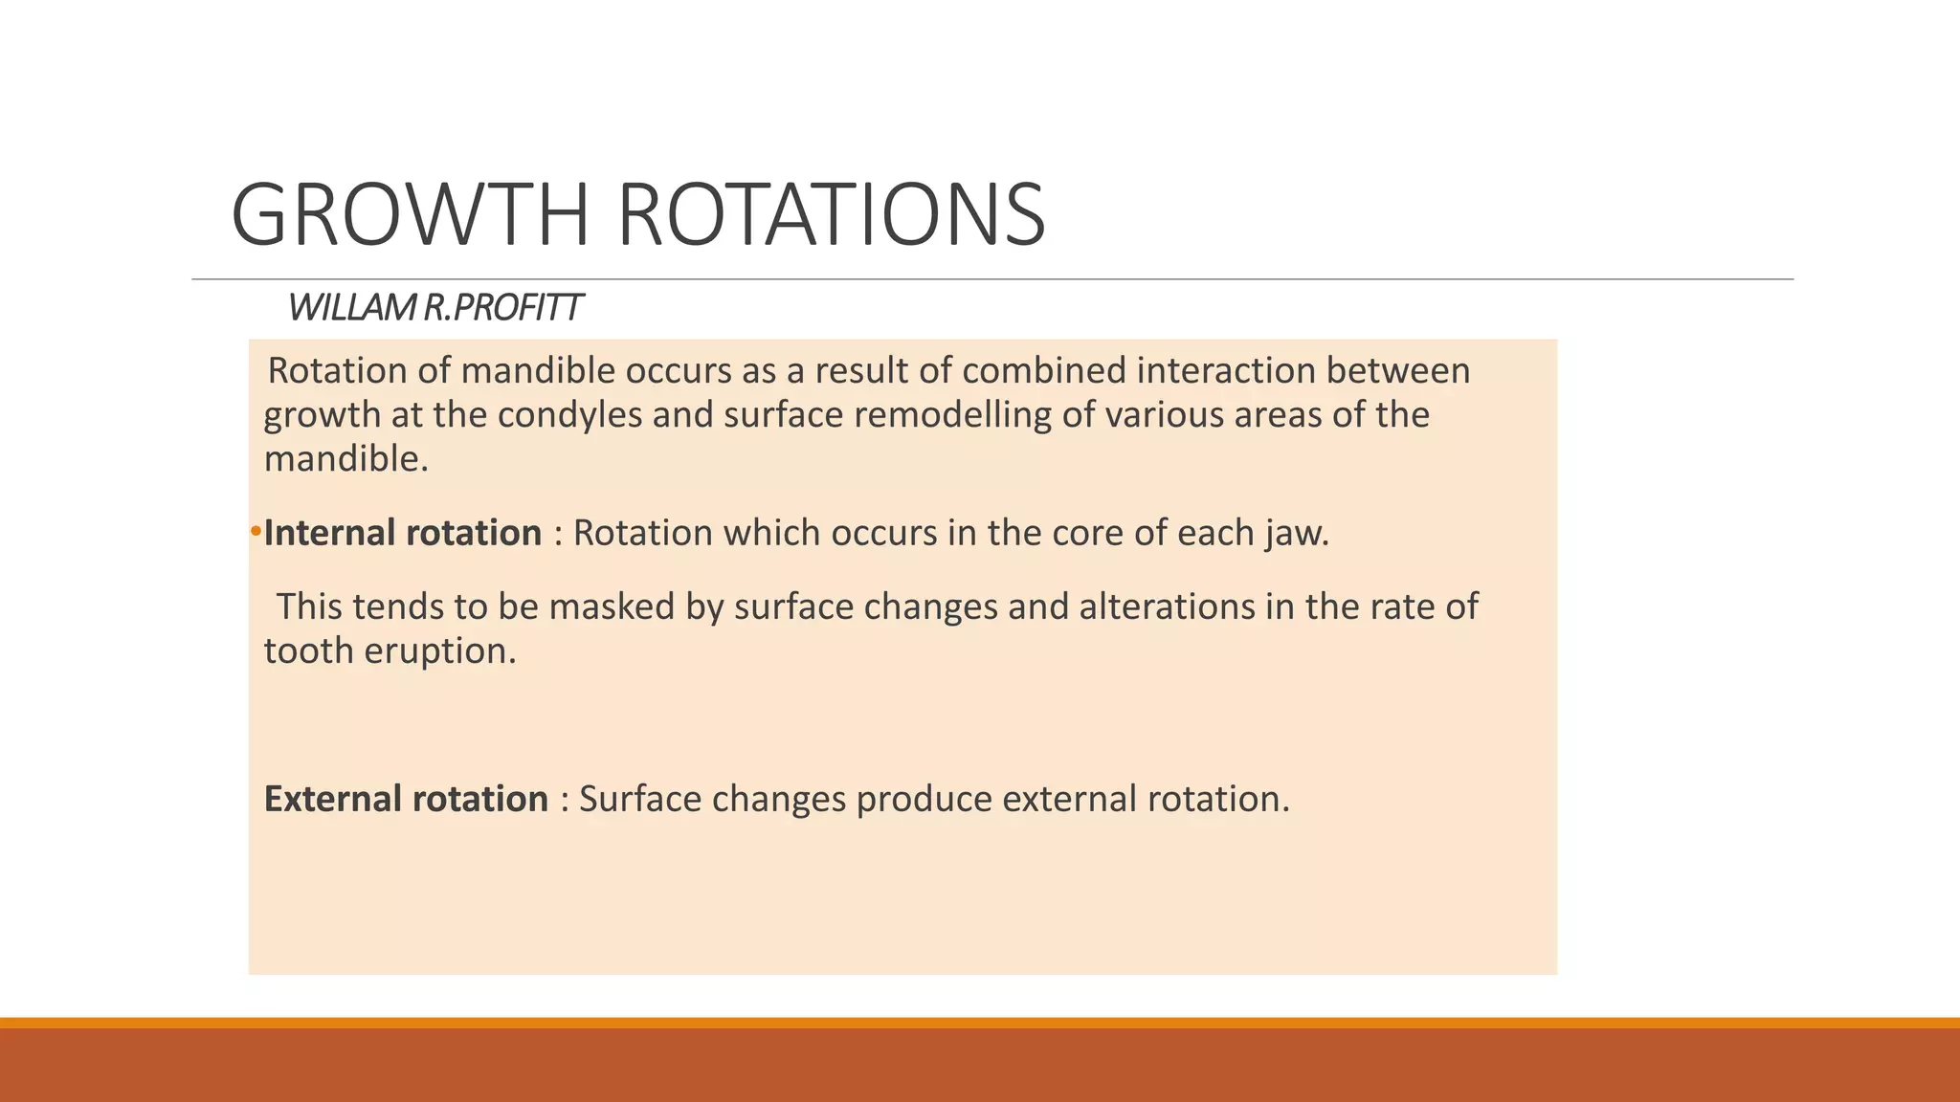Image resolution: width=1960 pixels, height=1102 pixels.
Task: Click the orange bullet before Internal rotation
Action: (x=256, y=532)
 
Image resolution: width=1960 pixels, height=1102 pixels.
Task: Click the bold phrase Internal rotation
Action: (x=403, y=533)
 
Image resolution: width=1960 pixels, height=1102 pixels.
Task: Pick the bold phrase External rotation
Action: (x=406, y=799)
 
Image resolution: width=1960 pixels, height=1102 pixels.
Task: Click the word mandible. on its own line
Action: (x=346, y=460)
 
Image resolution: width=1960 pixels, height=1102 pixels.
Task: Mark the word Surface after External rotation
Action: (x=640, y=799)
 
